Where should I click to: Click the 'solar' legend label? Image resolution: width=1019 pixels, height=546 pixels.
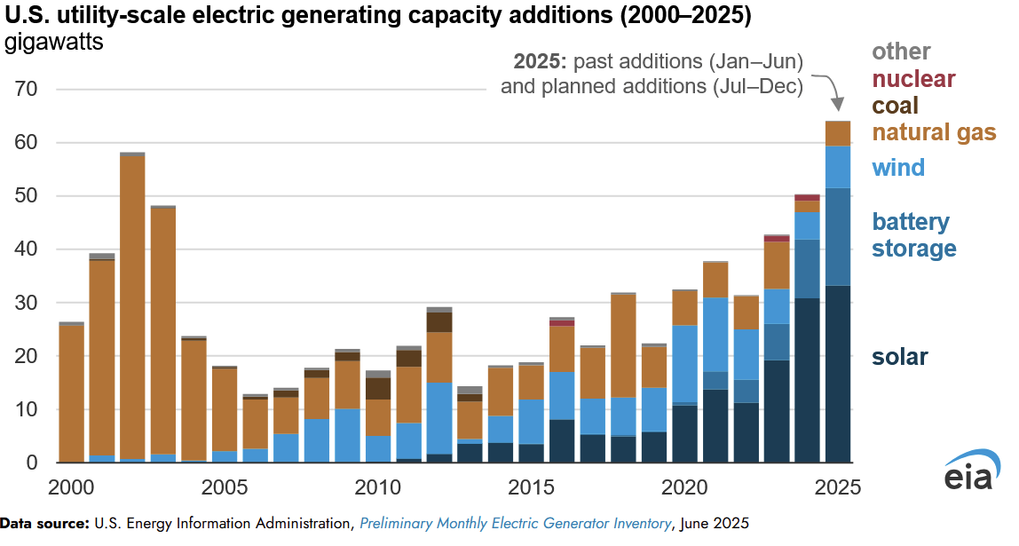[x=899, y=357]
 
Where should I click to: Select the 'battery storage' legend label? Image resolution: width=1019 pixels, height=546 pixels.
[x=911, y=234]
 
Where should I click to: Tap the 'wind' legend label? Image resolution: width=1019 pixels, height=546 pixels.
[x=898, y=167]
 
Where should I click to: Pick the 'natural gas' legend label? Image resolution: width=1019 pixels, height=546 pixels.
[x=934, y=132]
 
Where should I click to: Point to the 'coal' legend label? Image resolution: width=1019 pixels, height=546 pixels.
[x=895, y=106]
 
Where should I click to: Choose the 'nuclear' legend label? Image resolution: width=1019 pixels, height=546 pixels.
[x=913, y=79]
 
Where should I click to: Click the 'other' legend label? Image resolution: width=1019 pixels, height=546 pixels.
[x=901, y=51]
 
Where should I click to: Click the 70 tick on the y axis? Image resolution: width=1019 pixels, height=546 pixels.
[x=24, y=90]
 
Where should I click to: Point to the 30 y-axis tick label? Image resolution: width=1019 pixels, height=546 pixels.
[x=24, y=304]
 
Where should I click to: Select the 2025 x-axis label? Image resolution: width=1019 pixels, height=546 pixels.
[x=838, y=488]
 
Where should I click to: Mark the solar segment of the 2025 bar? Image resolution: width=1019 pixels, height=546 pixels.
[x=838, y=373]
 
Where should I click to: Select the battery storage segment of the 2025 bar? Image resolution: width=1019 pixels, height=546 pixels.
[x=838, y=236]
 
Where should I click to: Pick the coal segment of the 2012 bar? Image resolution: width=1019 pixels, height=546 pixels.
[x=439, y=321]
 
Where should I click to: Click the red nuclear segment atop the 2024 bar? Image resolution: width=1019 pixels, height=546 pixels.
[x=807, y=197]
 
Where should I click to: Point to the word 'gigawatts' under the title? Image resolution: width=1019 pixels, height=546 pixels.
[x=54, y=44]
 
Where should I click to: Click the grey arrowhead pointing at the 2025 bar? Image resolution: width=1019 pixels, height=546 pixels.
[x=836, y=100]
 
